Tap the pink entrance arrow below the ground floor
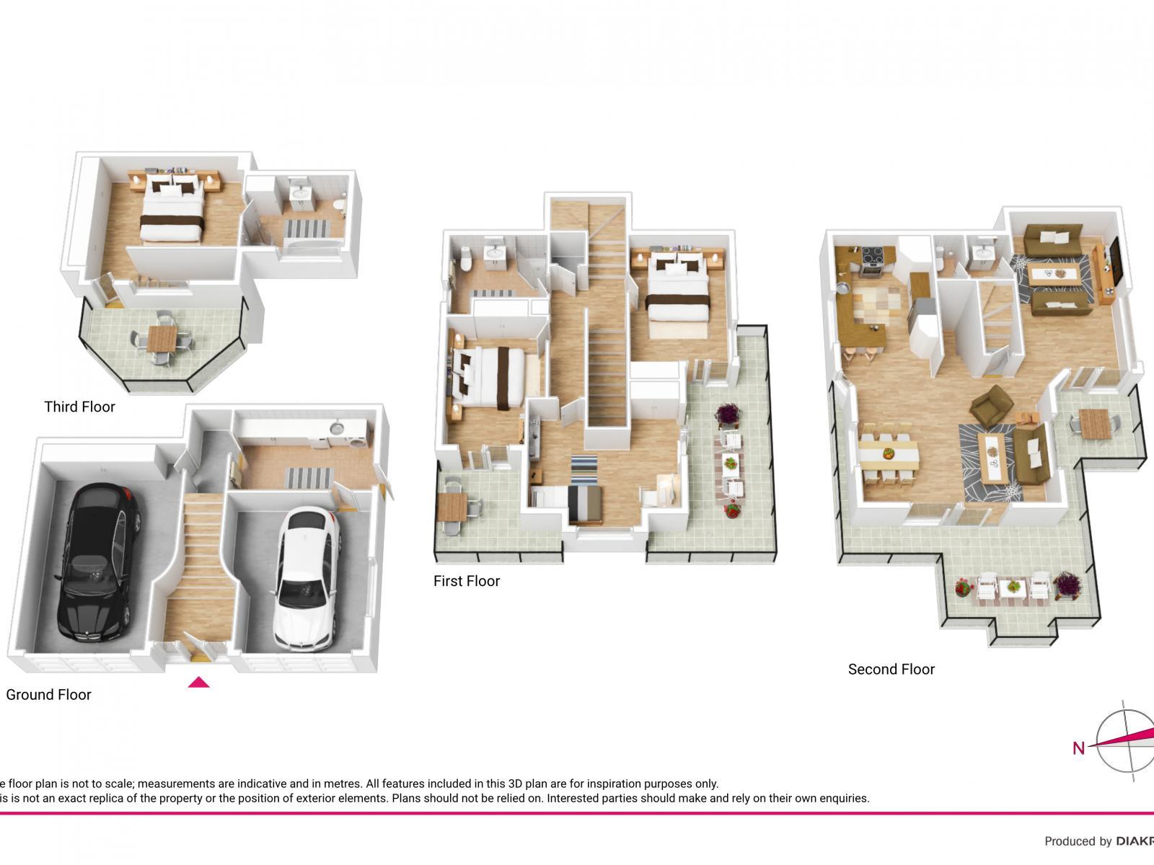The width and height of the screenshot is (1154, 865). click(x=199, y=682)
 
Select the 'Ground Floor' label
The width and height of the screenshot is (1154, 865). click(x=48, y=695)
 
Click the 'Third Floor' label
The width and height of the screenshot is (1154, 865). click(x=79, y=407)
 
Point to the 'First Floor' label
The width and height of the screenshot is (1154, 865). click(x=467, y=581)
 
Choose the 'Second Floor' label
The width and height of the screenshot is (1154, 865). click(x=891, y=670)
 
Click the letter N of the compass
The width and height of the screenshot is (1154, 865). click(x=1078, y=748)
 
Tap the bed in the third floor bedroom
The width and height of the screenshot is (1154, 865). click(x=170, y=209)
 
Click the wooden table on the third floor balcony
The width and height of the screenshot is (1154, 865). click(x=162, y=337)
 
